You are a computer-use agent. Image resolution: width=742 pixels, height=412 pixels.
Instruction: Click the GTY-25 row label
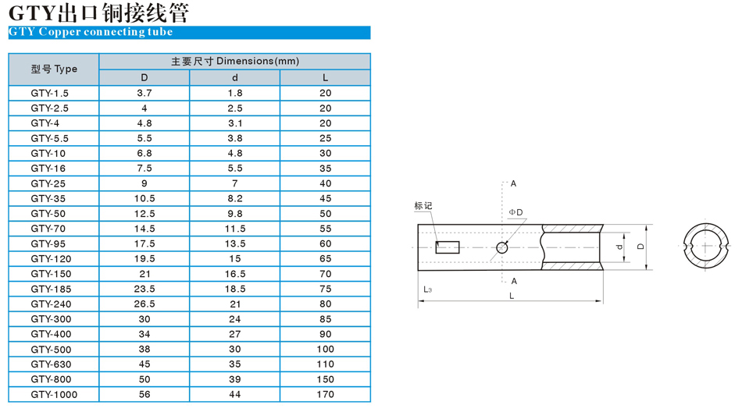coord(48,183)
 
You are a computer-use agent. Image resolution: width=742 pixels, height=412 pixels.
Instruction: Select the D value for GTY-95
coord(144,243)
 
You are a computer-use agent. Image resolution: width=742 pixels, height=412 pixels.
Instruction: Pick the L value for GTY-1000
coord(325,394)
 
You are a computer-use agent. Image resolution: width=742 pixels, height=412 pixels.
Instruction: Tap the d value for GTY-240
coord(235,304)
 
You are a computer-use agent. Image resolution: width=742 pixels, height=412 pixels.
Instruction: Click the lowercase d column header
coord(235,77)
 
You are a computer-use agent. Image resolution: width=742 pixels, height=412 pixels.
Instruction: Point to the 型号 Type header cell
coord(54,69)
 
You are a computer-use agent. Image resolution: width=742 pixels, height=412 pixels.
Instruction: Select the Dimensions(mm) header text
coord(258,61)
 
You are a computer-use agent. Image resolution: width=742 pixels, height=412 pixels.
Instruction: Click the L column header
coord(325,77)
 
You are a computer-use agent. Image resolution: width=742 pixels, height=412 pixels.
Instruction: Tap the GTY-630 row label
coord(51,364)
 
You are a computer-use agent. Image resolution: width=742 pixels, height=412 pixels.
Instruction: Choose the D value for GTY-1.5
coord(144,93)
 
